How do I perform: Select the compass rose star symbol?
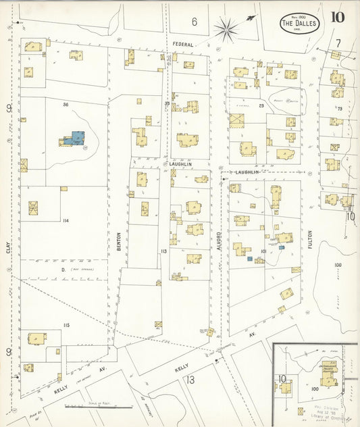click(226, 28)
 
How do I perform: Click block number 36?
click(66, 104)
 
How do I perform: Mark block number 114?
click(66, 221)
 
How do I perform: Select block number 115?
click(66, 326)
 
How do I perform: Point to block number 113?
click(163, 251)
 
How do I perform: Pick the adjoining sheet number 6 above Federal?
click(194, 22)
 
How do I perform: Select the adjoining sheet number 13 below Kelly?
click(190, 380)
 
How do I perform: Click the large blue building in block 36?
click(76, 139)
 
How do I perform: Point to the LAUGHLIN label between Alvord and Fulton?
click(248, 173)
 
